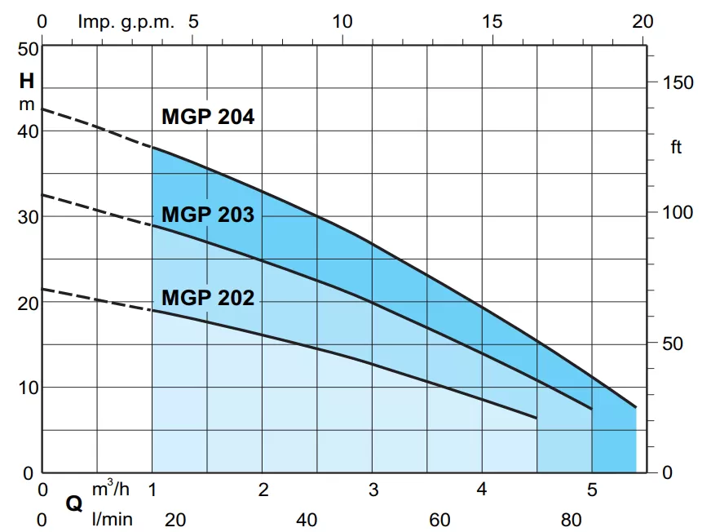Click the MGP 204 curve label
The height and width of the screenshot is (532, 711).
click(208, 117)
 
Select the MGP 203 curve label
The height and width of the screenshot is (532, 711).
click(208, 215)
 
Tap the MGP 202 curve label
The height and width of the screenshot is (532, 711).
click(208, 298)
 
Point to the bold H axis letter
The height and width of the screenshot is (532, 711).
click(27, 82)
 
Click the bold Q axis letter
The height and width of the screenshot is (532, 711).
click(74, 504)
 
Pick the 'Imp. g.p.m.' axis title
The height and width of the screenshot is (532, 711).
click(126, 21)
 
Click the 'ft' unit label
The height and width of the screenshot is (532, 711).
click(676, 148)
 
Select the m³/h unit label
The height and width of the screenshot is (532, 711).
click(110, 489)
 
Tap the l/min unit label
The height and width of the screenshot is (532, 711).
click(112, 519)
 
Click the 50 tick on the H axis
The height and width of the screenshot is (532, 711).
click(28, 48)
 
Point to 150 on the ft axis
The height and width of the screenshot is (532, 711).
click(678, 82)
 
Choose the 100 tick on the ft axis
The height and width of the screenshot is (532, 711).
click(678, 212)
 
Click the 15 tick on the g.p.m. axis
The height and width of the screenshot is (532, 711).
click(492, 21)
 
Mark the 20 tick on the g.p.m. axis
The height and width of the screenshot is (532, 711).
click(643, 21)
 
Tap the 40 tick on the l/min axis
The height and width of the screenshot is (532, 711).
click(306, 519)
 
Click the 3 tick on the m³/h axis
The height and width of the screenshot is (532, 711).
click(373, 490)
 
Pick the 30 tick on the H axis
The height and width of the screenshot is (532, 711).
click(28, 217)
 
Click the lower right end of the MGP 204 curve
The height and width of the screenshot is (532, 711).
click(635, 406)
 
